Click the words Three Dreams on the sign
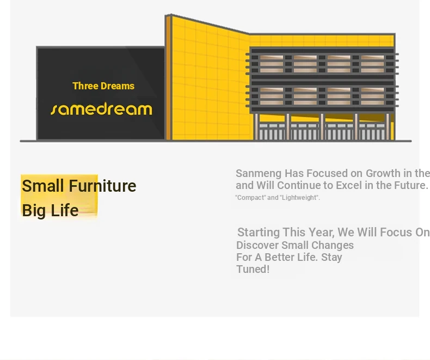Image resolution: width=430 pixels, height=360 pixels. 103,86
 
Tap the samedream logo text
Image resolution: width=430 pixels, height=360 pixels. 101,109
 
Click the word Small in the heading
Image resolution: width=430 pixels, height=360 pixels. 43,186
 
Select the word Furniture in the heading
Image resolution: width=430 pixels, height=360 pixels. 102,186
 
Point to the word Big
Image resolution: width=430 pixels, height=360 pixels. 34,211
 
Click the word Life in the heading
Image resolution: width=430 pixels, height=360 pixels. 65,210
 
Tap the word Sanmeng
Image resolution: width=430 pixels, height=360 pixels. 259,173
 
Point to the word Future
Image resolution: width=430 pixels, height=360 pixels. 411,185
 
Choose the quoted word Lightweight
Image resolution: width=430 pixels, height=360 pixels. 300,198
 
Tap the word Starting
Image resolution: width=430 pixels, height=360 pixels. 259,233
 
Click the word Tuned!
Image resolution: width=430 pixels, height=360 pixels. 253,269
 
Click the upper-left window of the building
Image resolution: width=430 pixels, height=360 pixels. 272,64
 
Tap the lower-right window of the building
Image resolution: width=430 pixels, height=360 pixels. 372,96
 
